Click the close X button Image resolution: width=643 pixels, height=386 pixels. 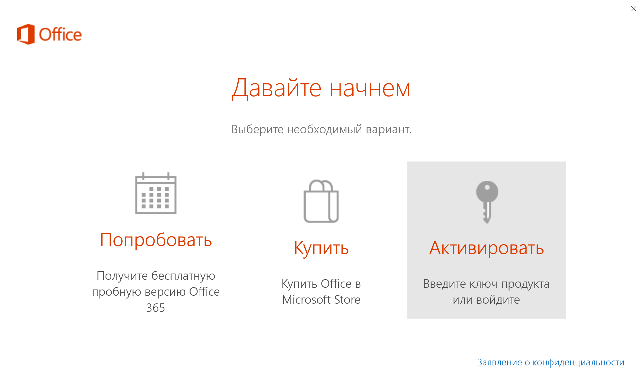pos(634,9)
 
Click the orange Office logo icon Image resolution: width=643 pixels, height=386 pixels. pos(26,34)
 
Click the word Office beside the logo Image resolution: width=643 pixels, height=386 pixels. pos(60,34)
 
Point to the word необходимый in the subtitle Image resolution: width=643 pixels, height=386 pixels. pos(325,129)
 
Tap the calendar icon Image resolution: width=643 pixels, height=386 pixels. pos(156,193)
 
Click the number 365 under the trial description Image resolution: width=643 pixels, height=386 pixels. pos(156,308)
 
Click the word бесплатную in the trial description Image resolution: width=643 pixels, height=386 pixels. pos(183,276)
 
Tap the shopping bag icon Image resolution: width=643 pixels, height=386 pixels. pos(321,201)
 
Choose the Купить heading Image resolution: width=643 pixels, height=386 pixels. pos(321,248)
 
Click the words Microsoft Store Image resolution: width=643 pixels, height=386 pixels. pos(321,300)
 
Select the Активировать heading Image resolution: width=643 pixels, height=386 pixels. pos(487,248)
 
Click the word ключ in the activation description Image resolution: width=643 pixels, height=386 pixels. pos(480,284)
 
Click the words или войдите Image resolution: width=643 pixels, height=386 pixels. pos(486,300)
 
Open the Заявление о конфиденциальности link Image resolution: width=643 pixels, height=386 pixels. pos(551,362)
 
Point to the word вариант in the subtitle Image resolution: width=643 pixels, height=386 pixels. pos(387,129)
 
